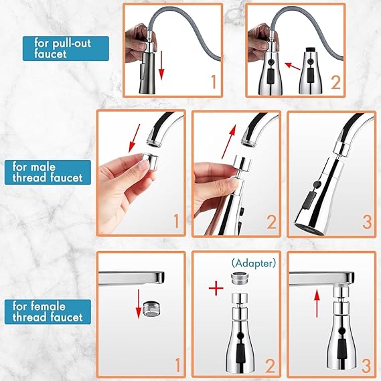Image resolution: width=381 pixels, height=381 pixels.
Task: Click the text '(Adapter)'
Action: (x=234, y=263)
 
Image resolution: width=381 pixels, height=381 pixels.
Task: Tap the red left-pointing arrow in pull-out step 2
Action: (x=291, y=65)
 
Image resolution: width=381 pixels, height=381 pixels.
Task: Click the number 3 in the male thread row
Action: (x=366, y=222)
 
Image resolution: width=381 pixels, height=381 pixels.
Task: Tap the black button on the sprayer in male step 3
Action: (x=309, y=200)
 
